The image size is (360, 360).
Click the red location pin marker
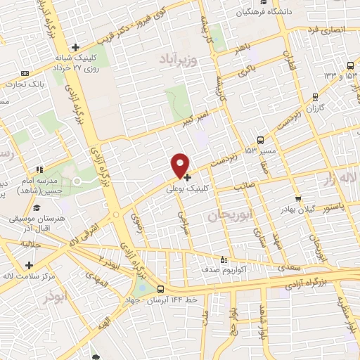tap(181, 164)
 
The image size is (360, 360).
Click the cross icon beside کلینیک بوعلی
tap(187, 177)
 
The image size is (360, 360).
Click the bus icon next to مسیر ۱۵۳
tap(261, 140)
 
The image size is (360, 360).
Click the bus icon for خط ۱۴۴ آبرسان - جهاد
tap(162, 289)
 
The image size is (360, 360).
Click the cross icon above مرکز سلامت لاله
tap(29, 265)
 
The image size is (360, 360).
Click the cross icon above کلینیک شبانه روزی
tap(84, 48)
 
